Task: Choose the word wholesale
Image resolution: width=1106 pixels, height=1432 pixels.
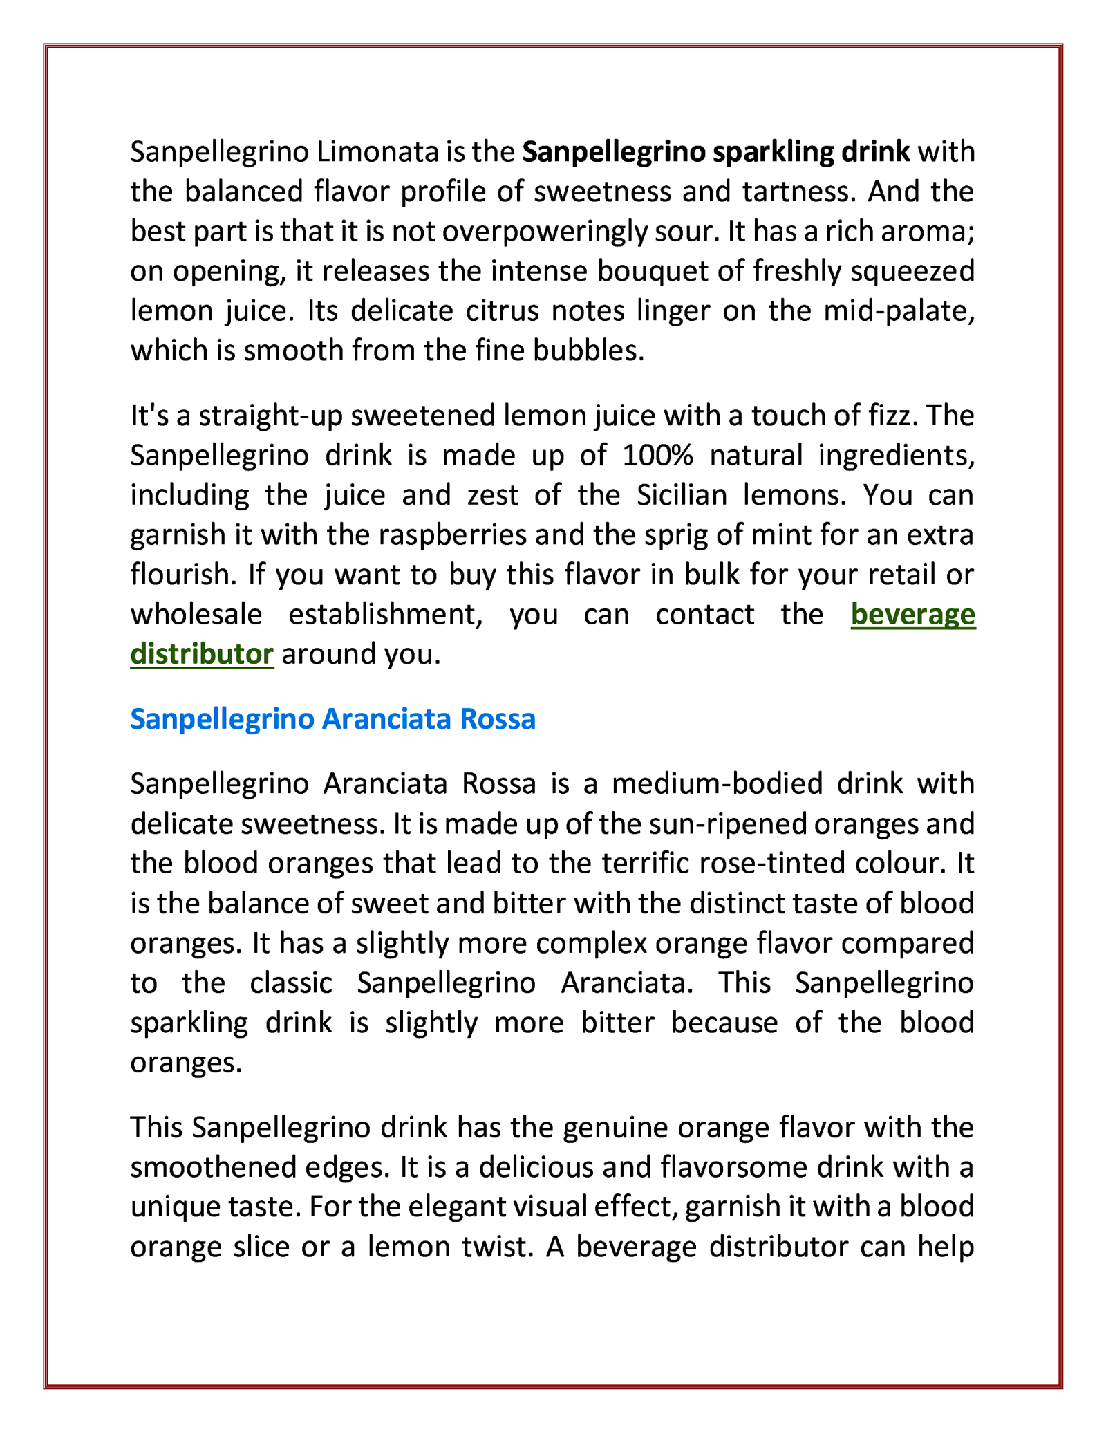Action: (196, 614)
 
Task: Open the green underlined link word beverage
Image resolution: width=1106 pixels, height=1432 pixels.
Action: (912, 614)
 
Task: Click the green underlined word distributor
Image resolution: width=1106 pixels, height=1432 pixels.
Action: (202, 653)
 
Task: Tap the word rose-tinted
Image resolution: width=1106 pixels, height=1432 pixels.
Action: (763, 864)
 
